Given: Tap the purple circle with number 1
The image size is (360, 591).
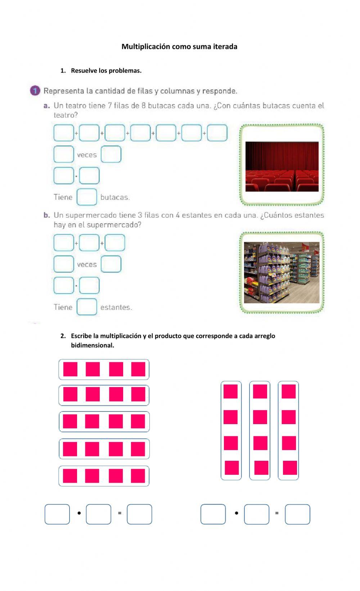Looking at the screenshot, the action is click(x=35, y=91).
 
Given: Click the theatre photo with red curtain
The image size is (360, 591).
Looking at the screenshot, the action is click(x=282, y=167).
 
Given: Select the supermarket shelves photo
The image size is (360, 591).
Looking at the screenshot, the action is click(x=282, y=273).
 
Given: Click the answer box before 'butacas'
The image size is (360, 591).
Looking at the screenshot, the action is click(x=87, y=197).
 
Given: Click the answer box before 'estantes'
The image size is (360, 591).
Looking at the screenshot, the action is click(x=87, y=307).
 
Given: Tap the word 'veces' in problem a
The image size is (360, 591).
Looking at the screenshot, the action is click(x=87, y=155).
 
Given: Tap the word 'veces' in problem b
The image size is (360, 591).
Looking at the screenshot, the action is click(x=87, y=265).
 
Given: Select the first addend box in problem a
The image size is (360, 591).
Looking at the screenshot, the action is click(x=64, y=133).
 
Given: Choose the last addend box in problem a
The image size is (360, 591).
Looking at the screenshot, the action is click(x=217, y=133).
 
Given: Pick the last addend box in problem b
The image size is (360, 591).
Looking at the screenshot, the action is click(x=115, y=243).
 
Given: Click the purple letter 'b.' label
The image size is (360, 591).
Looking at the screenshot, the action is click(x=47, y=215).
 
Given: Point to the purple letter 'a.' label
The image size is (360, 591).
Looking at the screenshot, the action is click(x=47, y=106).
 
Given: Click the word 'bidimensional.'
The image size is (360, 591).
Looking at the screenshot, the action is click(x=93, y=345).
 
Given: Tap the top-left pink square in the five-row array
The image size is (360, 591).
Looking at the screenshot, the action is click(x=70, y=369).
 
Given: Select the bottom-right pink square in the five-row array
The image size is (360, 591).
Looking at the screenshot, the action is click(x=138, y=476).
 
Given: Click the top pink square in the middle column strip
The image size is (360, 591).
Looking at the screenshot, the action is click(x=260, y=391).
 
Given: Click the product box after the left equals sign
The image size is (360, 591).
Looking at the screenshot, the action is click(x=139, y=514).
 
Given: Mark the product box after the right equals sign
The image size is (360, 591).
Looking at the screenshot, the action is click(x=297, y=514).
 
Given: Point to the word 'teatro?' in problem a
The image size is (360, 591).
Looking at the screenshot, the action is click(x=66, y=115).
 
